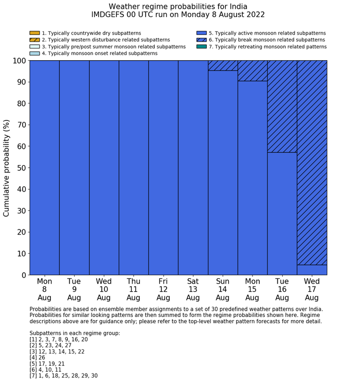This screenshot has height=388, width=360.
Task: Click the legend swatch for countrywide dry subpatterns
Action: click(x=34, y=33)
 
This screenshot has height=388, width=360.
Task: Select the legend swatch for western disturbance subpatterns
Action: click(x=34, y=40)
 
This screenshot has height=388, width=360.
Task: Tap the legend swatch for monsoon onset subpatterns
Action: click(x=34, y=53)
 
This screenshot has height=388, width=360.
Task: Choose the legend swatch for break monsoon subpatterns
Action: click(x=202, y=40)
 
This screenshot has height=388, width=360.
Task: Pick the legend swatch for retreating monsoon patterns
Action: click(x=202, y=46)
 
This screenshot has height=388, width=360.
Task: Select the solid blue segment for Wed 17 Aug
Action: click(x=312, y=270)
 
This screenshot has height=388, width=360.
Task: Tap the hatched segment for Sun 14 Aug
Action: click(x=223, y=65)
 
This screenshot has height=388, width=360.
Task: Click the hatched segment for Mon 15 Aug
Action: click(x=253, y=70)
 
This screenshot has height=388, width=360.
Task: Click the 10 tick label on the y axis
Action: click(x=21, y=254)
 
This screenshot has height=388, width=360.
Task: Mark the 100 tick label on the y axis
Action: click(x=19, y=61)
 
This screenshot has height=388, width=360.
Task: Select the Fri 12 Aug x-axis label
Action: click(x=163, y=289)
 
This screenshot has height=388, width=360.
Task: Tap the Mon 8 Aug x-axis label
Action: click(x=44, y=289)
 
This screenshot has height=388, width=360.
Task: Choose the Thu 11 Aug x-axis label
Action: click(x=133, y=289)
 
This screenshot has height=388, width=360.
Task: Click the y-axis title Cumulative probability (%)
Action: click(x=7, y=168)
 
